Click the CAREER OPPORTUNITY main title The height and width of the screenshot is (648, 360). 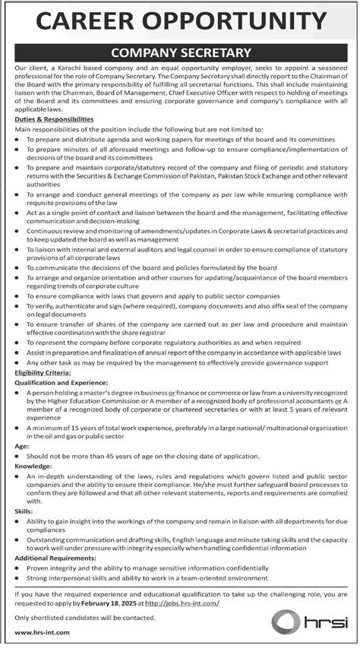coord(180,21)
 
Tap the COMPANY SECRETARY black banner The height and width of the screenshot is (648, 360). coord(180,52)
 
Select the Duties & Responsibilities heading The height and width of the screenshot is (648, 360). coord(54,120)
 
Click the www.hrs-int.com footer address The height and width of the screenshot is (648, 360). coord(39,632)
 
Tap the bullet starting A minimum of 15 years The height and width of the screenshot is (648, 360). coord(182,432)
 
